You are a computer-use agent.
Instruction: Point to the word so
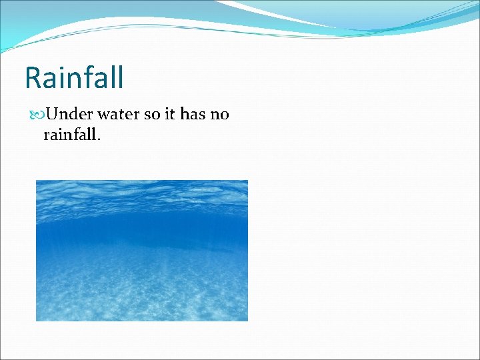152,114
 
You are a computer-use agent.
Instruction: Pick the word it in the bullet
170,114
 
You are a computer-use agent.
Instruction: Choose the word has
193,114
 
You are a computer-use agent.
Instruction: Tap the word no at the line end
220,114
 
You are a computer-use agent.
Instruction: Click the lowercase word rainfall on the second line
69,135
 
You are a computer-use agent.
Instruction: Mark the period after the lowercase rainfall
99,139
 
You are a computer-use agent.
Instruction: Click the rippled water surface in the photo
141,197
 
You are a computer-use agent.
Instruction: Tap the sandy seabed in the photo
141,293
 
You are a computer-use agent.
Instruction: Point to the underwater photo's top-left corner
37,181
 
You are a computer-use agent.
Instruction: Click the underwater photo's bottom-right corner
247,320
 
